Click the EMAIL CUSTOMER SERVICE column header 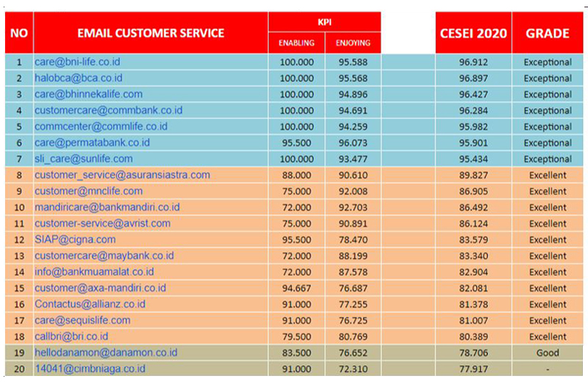coord(151,33)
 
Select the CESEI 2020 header coord(473,33)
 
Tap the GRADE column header coord(548,33)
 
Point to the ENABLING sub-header coord(296,43)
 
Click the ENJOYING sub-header coord(353,43)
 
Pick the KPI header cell coord(324,22)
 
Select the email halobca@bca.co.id coord(78,79)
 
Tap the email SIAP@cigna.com coord(75,239)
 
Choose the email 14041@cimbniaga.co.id coord(90,369)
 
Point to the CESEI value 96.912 coord(473,62)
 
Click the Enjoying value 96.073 coord(353,143)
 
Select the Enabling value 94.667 coord(296,288)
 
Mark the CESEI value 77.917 coord(473,369)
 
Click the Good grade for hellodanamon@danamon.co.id coord(548,352)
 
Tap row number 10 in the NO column coord(19,208)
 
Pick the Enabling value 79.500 coord(296,336)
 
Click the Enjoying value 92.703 coord(353,208)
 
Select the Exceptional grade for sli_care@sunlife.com coord(548,159)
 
